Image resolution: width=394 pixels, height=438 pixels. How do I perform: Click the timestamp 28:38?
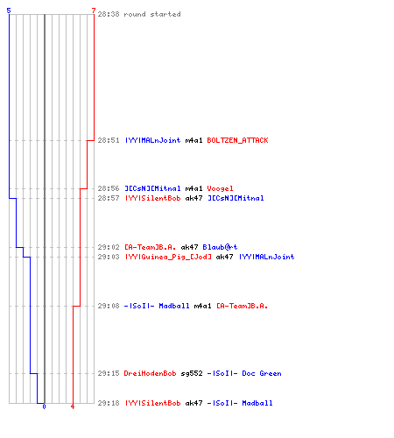109,14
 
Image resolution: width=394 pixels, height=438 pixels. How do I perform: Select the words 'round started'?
152,14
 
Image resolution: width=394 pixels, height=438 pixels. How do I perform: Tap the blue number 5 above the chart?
9,11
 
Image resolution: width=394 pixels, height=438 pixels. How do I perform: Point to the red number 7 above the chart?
94,11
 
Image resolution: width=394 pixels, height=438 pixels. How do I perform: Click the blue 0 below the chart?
44,406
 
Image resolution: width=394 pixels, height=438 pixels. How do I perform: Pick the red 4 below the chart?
73,406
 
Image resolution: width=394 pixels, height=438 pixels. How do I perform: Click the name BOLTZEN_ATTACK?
237,140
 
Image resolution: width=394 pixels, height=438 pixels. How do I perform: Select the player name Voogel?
220,188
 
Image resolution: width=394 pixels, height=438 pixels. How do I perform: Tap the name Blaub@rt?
220,247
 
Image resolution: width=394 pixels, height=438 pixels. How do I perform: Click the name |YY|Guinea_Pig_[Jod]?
168,257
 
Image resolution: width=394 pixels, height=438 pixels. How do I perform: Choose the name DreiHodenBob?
150,373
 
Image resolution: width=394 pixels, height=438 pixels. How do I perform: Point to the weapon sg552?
192,373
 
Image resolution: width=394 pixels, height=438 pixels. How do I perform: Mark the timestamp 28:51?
109,140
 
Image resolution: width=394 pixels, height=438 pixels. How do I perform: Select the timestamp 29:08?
109,306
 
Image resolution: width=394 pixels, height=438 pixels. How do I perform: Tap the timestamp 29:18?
109,403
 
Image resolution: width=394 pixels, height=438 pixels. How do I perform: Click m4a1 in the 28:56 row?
193,188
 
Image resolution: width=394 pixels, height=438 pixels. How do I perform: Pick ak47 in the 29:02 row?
189,247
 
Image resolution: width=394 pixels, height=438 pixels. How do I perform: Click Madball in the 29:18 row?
257,403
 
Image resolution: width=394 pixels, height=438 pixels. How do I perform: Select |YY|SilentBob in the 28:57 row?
152,198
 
